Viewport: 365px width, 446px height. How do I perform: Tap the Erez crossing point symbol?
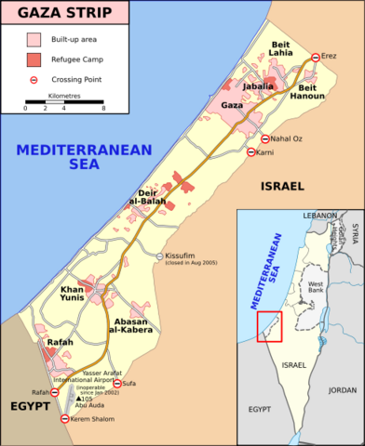(x=316, y=57)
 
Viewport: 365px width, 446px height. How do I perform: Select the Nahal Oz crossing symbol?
(x=265, y=138)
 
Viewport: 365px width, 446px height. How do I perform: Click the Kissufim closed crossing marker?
(x=159, y=256)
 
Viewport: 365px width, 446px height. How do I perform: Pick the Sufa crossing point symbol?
(x=117, y=383)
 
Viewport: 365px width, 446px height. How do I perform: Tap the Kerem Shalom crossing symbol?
(x=64, y=419)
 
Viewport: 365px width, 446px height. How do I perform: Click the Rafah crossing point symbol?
(x=55, y=392)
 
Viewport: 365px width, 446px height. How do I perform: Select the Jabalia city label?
(x=257, y=86)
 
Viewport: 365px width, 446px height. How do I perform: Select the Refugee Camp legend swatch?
(x=34, y=59)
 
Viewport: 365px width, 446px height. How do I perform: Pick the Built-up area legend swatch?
(x=34, y=40)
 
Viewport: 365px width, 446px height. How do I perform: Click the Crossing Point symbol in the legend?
(x=34, y=79)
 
